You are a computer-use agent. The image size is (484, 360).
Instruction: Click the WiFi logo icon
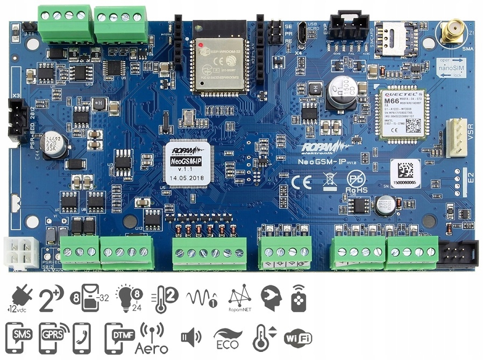tap(298, 337)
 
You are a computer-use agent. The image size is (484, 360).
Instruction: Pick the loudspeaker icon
tap(190, 337)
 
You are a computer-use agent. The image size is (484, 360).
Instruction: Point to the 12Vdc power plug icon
tap(19, 299)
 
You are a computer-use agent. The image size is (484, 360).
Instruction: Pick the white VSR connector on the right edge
tap(457, 137)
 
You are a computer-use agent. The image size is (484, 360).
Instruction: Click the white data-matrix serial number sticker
tap(405, 173)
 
